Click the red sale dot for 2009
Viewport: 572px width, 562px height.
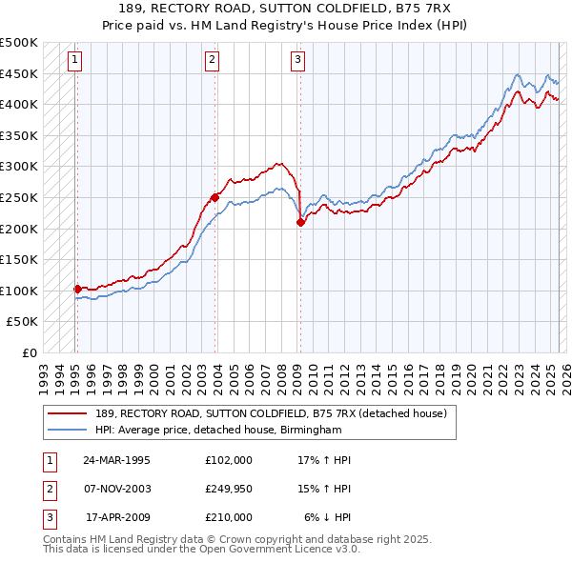pos(300,222)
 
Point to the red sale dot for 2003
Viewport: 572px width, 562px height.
pos(215,197)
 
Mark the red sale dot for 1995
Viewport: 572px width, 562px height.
pos(77,289)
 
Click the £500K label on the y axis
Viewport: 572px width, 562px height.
pos(19,43)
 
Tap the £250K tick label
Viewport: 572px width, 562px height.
pos(19,197)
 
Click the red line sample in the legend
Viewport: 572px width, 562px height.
pos(67,412)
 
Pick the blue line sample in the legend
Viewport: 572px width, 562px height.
pos(67,430)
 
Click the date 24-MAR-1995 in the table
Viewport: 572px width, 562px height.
pos(117,460)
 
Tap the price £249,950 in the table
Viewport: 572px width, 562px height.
pos(229,489)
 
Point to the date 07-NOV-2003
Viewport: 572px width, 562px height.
pos(117,489)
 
